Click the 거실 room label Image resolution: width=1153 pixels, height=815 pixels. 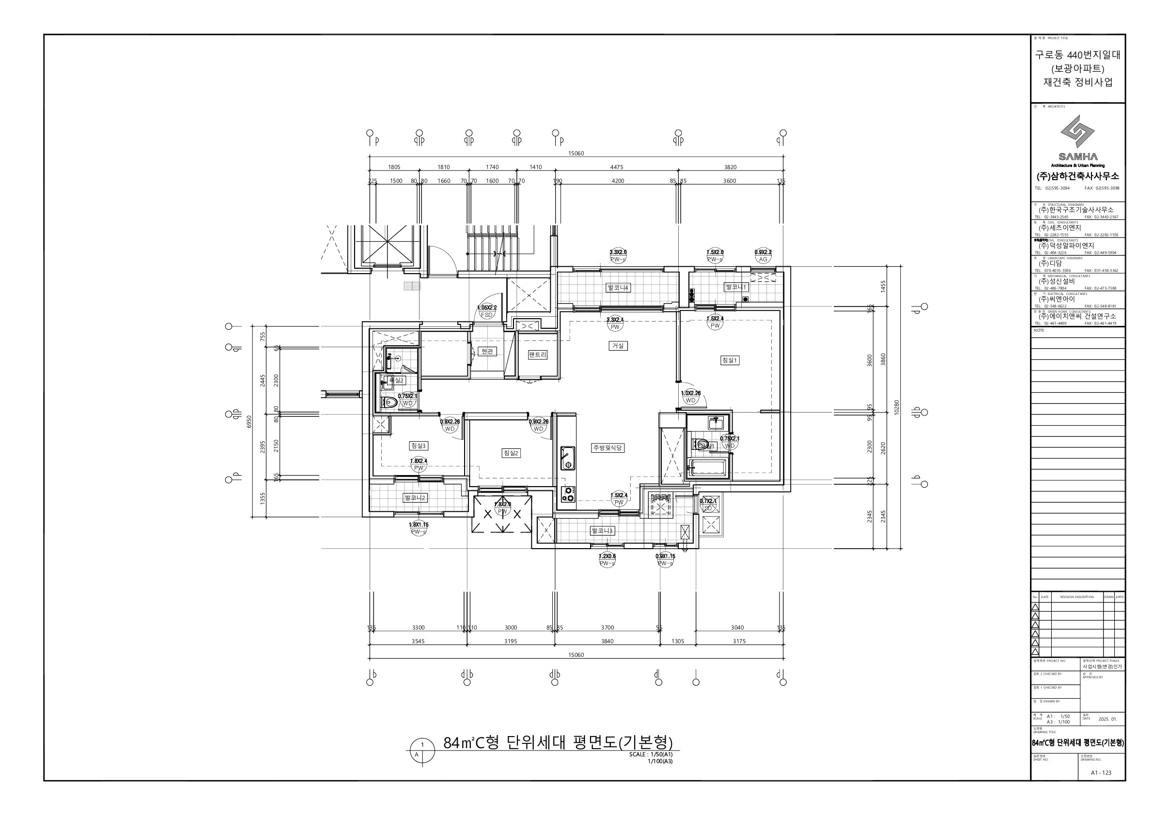click(618, 346)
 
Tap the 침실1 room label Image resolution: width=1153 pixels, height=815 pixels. click(730, 360)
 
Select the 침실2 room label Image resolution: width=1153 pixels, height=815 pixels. click(511, 453)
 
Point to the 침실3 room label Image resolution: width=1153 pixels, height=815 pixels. click(418, 446)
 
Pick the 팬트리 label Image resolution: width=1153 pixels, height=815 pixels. click(537, 355)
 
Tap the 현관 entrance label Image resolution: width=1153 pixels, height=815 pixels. click(486, 351)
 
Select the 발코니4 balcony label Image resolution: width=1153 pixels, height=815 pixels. click(618, 288)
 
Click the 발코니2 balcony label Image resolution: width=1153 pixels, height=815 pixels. click(415, 498)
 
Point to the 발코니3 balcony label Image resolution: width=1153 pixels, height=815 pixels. click(602, 530)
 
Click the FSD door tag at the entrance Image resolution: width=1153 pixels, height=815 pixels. click(486, 315)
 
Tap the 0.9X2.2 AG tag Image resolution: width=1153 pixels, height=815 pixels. click(763, 259)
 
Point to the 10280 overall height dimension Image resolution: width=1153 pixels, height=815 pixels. click(897, 408)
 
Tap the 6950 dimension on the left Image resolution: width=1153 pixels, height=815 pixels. click(249, 422)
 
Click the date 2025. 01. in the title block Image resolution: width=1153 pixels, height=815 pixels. click(1107, 719)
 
